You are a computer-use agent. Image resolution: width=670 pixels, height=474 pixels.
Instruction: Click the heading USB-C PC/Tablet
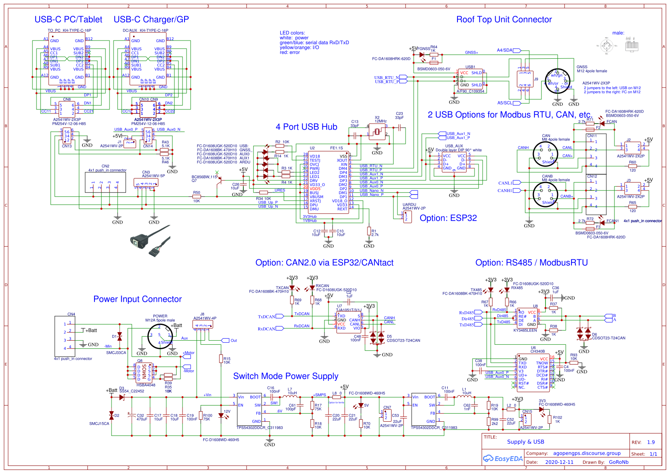coord(68,19)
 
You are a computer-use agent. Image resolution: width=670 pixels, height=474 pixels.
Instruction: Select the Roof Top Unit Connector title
coord(504,19)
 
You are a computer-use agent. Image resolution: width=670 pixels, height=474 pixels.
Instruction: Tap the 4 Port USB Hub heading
coord(306,127)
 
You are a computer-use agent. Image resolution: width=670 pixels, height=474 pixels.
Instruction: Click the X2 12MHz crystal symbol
coord(377,131)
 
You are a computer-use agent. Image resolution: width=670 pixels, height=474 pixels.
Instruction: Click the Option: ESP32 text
coord(448,218)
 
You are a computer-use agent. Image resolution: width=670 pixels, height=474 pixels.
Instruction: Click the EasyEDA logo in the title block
coord(502,459)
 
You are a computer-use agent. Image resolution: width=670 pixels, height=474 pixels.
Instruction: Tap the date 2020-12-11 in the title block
coord(559,462)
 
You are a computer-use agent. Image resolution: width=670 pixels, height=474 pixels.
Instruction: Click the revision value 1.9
coord(651,442)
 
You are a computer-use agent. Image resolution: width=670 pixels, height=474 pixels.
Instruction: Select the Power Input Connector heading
coord(137,299)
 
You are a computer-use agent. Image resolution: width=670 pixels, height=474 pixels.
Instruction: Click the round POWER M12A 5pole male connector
coord(160,337)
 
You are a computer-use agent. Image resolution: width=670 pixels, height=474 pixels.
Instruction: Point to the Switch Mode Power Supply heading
coord(286,376)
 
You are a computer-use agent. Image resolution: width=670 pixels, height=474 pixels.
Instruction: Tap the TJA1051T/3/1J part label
coord(349,310)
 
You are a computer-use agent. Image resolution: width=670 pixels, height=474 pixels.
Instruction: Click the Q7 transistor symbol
coord(219,180)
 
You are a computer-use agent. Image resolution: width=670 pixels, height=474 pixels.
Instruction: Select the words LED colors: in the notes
coord(292,33)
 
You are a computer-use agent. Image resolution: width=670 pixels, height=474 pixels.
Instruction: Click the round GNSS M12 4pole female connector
coord(557,81)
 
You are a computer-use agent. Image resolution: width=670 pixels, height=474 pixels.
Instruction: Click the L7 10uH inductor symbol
coord(292,397)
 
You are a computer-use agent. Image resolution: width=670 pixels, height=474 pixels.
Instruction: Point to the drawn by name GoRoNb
coord(618,462)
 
